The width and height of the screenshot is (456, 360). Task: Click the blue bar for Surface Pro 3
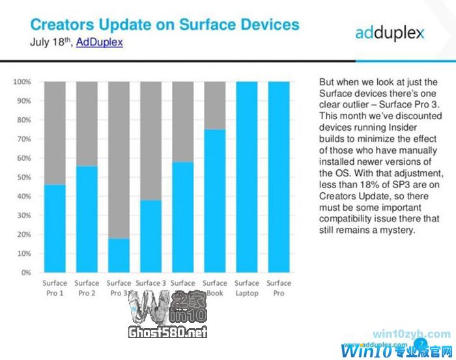click(119, 255)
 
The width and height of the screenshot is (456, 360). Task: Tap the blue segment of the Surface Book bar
click(215, 201)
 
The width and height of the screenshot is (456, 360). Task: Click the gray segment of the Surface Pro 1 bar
click(55, 133)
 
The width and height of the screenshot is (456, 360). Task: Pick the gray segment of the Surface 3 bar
click(151, 140)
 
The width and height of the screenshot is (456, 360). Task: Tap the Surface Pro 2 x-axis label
click(87, 288)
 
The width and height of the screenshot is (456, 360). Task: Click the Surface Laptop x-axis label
click(247, 288)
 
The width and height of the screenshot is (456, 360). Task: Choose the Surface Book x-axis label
click(215, 288)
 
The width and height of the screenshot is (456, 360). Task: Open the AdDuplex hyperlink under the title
click(99, 43)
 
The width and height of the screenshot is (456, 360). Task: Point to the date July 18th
click(51, 43)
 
